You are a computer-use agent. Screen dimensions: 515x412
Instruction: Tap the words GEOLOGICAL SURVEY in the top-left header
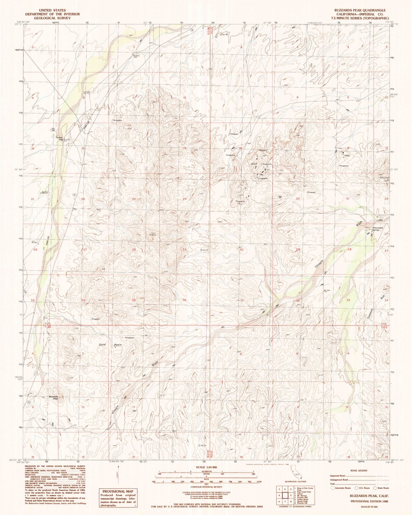click(52, 18)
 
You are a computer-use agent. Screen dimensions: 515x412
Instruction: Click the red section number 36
click(185, 300)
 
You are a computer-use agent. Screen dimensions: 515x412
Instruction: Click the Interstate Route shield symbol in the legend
click(333, 488)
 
